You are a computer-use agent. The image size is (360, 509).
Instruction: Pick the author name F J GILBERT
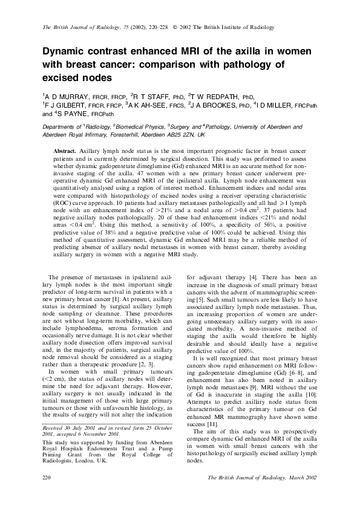68,105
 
